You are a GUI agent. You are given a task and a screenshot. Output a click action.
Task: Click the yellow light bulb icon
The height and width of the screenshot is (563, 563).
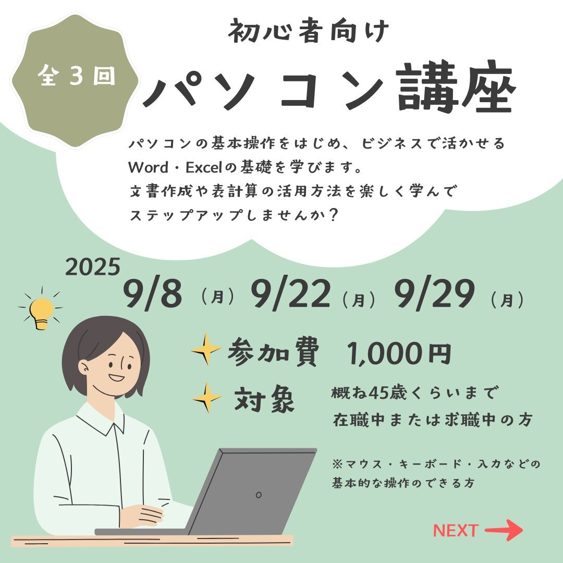pyautogui.click(x=41, y=312)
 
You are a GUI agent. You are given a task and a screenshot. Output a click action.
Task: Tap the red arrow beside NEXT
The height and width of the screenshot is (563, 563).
pyautogui.click(x=504, y=530)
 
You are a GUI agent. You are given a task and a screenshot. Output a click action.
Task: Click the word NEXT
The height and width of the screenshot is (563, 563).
pyautogui.click(x=456, y=530)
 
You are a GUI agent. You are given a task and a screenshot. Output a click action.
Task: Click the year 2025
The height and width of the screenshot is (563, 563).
pyautogui.click(x=92, y=267)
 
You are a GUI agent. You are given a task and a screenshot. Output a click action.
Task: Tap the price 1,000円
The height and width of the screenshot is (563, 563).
pyautogui.click(x=399, y=353)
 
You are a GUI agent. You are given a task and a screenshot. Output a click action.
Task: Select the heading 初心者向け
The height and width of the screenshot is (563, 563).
pyautogui.click(x=308, y=31)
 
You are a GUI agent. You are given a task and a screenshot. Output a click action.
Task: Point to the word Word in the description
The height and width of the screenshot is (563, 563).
pyautogui.click(x=148, y=167)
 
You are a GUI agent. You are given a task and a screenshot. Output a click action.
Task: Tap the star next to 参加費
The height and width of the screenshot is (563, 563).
pyautogui.click(x=206, y=349)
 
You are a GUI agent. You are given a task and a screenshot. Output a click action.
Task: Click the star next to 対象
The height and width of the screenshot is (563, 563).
pyautogui.click(x=207, y=397)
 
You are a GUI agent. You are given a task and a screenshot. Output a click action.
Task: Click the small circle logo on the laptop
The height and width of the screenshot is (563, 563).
pyautogui.click(x=259, y=495)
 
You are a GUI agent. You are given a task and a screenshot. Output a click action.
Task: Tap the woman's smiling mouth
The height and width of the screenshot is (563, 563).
pyautogui.click(x=116, y=378)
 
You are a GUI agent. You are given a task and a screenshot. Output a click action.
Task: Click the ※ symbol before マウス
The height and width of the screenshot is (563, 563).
pyautogui.click(x=337, y=464)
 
